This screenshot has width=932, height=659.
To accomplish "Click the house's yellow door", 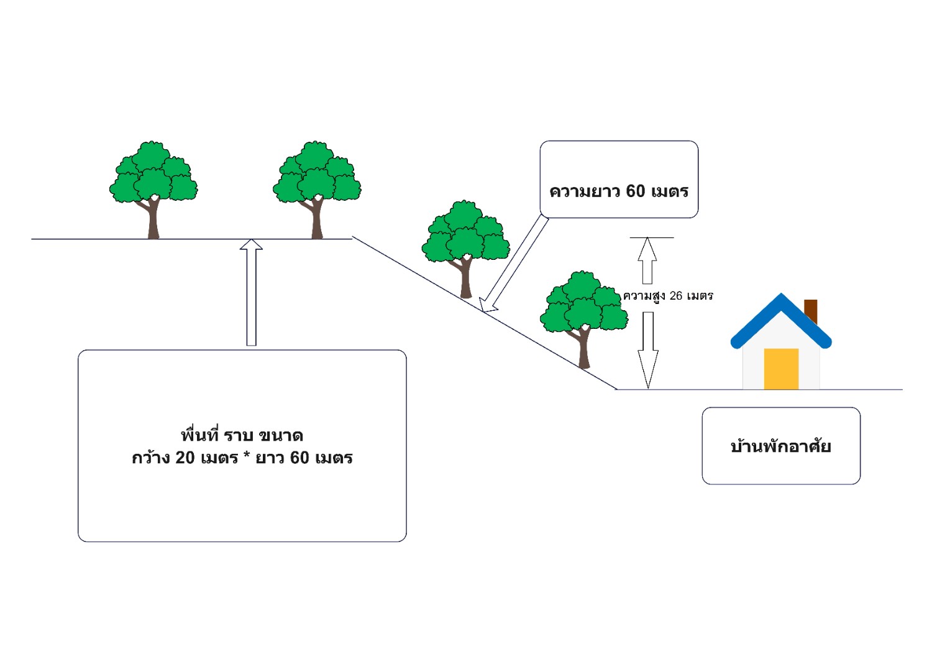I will click(x=781, y=369).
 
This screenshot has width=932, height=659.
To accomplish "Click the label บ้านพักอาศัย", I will click(x=780, y=446).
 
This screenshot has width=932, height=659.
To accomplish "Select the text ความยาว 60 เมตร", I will click(x=619, y=191).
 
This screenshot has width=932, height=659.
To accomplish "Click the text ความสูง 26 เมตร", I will click(x=668, y=296).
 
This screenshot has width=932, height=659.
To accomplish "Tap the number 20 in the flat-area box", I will click(x=185, y=458).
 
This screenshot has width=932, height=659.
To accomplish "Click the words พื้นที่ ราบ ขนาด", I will click(x=242, y=435).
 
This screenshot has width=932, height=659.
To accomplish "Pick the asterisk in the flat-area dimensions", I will click(x=247, y=457).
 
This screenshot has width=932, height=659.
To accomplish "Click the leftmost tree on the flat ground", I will click(x=153, y=180).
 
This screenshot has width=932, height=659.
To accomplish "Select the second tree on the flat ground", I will click(x=317, y=180).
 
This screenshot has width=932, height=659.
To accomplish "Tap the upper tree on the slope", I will click(x=465, y=239).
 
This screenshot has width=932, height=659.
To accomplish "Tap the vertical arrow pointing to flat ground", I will click(x=251, y=292).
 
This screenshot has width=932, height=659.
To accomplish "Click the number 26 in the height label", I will click(x=676, y=296).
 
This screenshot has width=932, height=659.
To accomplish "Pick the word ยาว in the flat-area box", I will click(x=270, y=458).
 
